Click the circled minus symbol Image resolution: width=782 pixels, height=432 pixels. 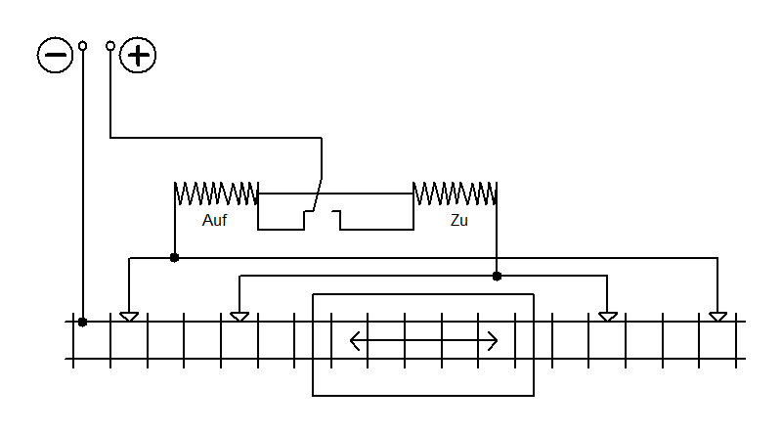click(x=55, y=55)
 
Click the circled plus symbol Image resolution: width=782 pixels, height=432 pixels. click(x=138, y=55)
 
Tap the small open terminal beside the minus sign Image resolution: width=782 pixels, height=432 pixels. click(x=83, y=46)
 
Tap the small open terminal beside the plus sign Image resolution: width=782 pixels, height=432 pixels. click(x=110, y=46)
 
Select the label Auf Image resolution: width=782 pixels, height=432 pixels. click(x=214, y=220)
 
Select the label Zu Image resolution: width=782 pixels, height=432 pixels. click(x=458, y=220)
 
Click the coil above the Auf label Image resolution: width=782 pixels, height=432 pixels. click(x=216, y=194)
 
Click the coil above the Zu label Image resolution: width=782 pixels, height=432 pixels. click(x=455, y=194)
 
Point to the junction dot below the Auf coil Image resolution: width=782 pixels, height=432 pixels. click(x=174, y=257)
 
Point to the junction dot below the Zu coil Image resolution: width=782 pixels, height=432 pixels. click(x=497, y=276)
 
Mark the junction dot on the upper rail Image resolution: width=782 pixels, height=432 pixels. click(x=83, y=323)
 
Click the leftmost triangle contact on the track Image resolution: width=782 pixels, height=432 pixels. click(x=129, y=317)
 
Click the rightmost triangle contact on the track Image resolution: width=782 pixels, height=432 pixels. click(x=717, y=317)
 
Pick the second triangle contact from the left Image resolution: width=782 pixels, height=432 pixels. click(x=239, y=317)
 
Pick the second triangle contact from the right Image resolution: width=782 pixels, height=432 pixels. click(x=607, y=317)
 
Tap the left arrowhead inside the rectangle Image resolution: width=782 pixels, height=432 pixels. click(x=355, y=341)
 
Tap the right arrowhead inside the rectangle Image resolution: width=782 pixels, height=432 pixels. click(x=493, y=341)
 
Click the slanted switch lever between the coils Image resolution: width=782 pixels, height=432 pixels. click(x=318, y=194)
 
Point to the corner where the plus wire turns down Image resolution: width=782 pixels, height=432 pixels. click(x=322, y=138)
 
